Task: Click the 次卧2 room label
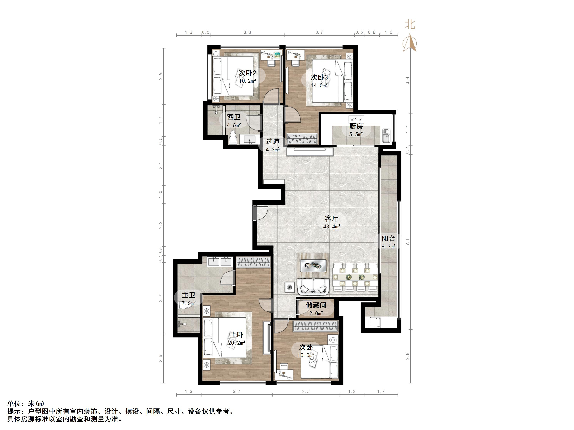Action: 247,73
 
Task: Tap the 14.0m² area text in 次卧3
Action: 319,85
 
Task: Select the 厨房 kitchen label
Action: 356,126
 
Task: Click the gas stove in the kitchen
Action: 356,119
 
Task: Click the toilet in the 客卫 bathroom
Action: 233,138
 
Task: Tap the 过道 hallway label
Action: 273,142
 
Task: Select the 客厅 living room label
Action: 332,219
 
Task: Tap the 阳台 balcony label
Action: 389,238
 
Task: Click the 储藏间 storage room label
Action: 316,305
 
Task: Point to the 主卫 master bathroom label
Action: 189,295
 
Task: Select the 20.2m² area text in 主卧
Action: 237,343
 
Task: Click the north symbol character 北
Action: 410,25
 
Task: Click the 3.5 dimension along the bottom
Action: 306,391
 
